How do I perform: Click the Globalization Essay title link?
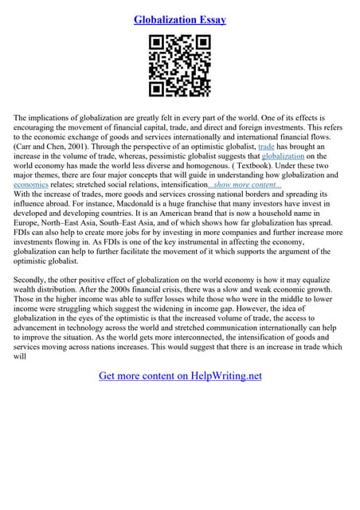point(180,18)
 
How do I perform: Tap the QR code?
point(180,66)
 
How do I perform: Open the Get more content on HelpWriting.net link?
point(180,375)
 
